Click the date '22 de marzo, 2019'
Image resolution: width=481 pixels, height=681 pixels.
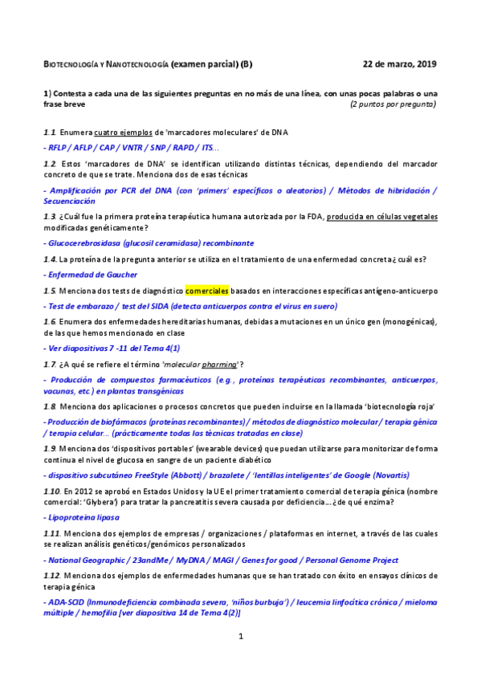click(400, 63)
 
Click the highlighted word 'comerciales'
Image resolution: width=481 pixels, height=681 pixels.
click(207, 290)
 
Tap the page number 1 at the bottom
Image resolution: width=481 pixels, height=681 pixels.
click(240, 637)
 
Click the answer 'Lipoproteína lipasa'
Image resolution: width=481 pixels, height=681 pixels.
click(79, 518)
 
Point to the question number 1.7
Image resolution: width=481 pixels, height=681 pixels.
click(49, 365)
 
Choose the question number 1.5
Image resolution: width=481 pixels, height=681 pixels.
click(49, 291)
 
